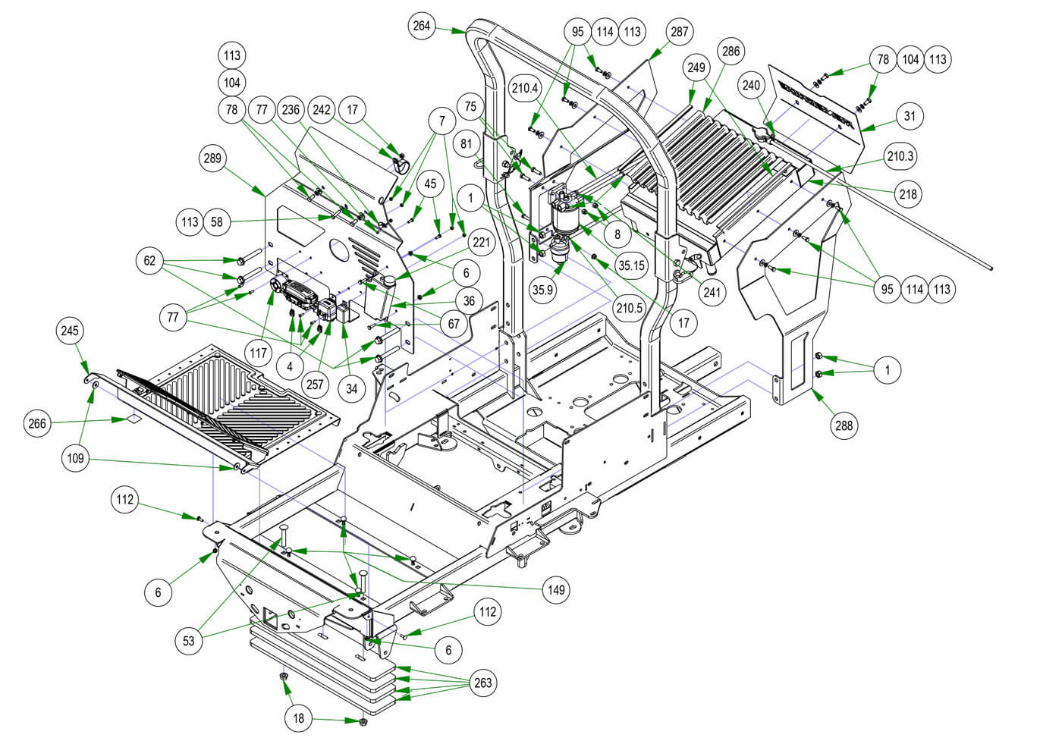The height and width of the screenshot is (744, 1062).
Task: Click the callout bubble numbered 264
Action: (422, 26)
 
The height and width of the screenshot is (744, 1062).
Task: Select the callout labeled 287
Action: (678, 31)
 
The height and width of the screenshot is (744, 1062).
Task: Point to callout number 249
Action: (696, 67)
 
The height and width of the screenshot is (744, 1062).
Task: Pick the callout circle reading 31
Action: (910, 116)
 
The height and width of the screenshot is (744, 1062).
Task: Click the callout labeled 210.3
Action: (900, 157)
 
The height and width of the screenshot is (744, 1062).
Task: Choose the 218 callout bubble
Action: (908, 194)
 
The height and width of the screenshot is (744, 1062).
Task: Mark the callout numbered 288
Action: (844, 426)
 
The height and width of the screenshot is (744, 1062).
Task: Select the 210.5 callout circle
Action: (629, 308)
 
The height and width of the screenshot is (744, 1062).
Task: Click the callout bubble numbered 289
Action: (212, 159)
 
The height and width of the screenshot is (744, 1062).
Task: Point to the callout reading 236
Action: (291, 109)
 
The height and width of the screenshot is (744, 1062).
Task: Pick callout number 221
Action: (482, 243)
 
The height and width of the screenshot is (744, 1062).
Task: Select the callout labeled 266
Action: (38, 423)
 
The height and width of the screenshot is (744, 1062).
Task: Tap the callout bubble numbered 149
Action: (557, 589)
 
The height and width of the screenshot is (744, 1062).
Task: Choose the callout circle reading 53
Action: (189, 640)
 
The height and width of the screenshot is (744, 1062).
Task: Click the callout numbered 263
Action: (482, 683)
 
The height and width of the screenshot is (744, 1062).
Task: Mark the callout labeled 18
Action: (299, 718)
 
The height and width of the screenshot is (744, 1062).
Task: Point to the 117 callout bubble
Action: (258, 353)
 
